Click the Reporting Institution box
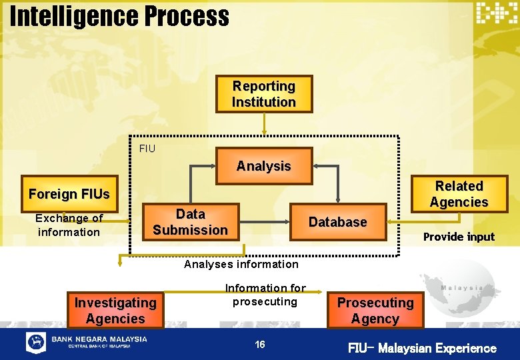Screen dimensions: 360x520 (264, 94)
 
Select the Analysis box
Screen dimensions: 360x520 (264, 166)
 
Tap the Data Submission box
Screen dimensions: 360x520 (191, 222)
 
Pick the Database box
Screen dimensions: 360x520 (337, 222)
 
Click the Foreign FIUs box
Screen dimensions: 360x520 (69, 194)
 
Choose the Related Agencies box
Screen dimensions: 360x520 (459, 194)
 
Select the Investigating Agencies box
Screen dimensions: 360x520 (115, 310)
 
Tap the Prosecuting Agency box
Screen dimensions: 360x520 (375, 310)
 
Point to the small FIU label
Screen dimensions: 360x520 (147, 149)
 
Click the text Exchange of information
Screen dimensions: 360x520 (69, 225)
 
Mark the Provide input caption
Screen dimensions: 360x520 (459, 237)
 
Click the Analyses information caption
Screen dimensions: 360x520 (241, 264)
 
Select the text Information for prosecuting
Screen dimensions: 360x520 (265, 295)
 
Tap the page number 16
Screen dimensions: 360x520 (260, 345)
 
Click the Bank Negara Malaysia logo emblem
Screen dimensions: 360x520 (35, 343)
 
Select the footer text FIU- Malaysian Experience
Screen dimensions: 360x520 (422, 348)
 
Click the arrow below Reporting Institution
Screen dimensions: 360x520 (265, 123)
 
